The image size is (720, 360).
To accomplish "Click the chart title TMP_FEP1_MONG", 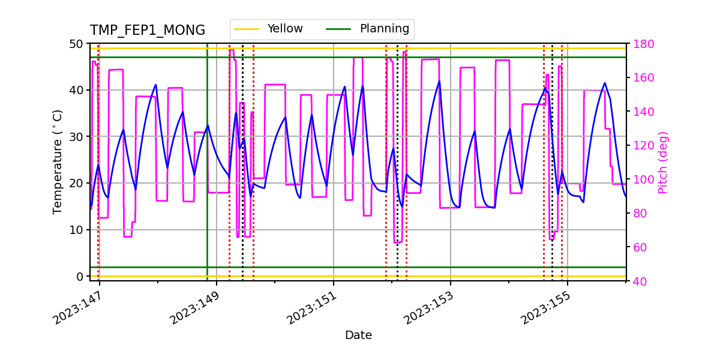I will [x=148, y=31].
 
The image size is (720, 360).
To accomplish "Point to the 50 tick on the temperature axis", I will [x=77, y=44].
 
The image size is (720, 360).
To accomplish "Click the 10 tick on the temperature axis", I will [x=77, y=230].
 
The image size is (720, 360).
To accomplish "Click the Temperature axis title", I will [x=58, y=161].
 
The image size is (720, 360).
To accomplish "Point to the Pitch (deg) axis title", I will [x=663, y=162].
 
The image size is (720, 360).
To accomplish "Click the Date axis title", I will [x=358, y=335].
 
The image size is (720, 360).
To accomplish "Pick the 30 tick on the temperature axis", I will [x=77, y=137].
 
